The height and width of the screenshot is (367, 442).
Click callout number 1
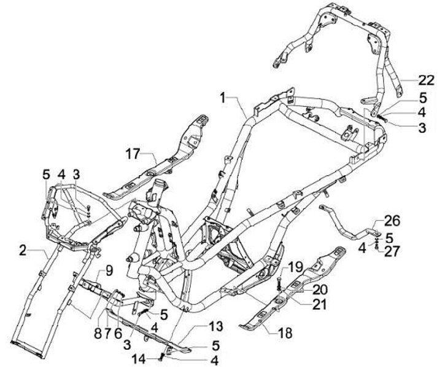pyautogui.click(x=225, y=97)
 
